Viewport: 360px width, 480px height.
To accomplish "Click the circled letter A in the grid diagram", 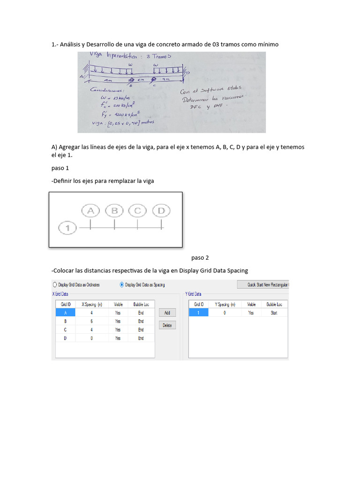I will coord(91,211).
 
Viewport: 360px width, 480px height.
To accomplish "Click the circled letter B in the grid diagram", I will coord(114,211).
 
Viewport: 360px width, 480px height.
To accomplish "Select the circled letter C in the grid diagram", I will coord(137,211).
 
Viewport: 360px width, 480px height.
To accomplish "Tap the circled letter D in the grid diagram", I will coord(161,211).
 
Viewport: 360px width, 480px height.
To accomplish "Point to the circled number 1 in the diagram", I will coord(68,228).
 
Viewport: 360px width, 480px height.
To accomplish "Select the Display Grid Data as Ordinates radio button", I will coord(55,285).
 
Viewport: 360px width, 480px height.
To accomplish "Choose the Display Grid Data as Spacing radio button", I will coord(122,285).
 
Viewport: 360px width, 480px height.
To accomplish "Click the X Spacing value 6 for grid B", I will coord(91,321).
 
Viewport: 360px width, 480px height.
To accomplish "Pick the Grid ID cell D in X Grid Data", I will coord(66,338).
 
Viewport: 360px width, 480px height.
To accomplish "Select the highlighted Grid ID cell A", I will coord(66,313).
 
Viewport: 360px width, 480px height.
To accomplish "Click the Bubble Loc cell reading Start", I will coord(274,313).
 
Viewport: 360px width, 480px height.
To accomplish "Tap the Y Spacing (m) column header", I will coord(225,304).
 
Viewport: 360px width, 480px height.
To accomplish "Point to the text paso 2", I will coord(200,257).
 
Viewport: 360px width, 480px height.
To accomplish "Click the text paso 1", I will coord(60,167).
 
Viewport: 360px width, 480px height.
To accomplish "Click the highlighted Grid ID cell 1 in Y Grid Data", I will coord(199,313).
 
